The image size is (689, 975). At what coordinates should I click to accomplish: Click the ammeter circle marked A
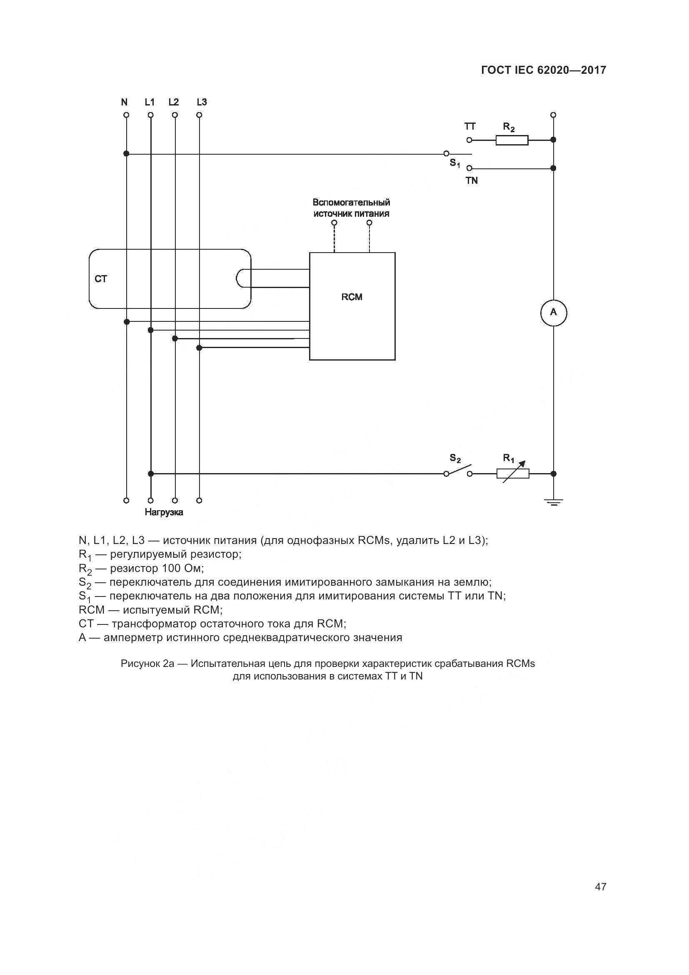pos(553,313)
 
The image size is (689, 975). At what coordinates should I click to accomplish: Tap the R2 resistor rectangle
pos(512,140)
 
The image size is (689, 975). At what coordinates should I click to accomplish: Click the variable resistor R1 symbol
pos(513,474)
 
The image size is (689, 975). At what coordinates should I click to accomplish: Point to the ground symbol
pos(553,503)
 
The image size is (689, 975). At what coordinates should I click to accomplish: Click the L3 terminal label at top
pos(202,102)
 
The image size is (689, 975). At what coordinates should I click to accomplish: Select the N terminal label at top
pos(124,102)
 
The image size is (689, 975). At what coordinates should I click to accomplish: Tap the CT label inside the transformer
pos(101,279)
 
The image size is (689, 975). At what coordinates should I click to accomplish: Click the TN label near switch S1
pos(472,181)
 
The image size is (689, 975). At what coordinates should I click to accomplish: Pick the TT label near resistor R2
pos(469,127)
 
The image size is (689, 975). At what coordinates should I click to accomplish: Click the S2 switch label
pos(455,458)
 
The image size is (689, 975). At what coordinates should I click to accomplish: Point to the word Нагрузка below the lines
pos(164,512)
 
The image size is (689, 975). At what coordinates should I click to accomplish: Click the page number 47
pos(600,887)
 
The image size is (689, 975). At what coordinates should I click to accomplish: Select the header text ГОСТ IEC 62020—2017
pos(544,70)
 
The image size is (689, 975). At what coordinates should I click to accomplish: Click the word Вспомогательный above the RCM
pos(351,203)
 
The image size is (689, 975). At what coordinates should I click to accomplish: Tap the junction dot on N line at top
pos(126,154)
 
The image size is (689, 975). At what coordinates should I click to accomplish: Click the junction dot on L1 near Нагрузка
pos(151,474)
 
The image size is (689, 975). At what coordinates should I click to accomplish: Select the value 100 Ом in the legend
pos(182,568)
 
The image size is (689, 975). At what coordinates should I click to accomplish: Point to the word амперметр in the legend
pos(133,637)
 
